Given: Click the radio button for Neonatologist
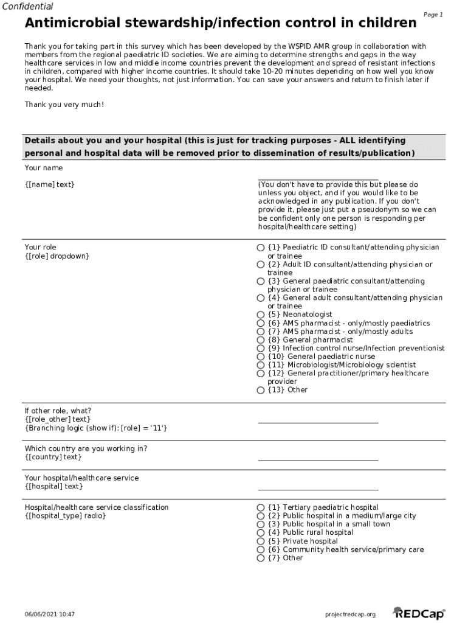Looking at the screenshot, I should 261,315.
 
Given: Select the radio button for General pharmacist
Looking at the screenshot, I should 261,340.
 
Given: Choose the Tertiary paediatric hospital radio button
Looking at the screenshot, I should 261,507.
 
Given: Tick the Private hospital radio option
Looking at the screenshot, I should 261,541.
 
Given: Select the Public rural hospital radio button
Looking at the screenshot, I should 261,533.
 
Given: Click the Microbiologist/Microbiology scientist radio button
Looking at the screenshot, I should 261,365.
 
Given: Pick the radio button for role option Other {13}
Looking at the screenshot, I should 261,390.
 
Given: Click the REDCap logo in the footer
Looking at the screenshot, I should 419,613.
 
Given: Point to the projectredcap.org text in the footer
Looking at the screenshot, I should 351,614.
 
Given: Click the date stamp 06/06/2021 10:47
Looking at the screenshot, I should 50,614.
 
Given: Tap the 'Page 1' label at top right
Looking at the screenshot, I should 433,15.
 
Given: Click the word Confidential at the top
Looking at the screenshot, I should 27,7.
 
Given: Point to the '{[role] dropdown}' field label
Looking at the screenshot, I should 57,256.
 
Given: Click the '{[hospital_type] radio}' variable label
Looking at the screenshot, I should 65,516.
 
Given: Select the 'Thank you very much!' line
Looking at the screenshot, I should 64,105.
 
